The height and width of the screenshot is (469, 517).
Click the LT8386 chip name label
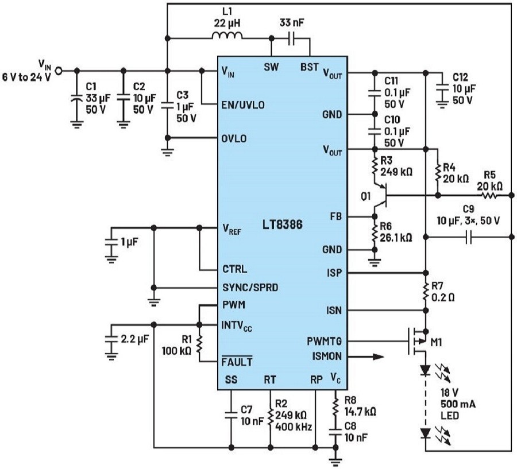pyautogui.click(x=283, y=225)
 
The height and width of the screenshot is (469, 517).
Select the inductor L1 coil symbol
pyautogui.click(x=227, y=36)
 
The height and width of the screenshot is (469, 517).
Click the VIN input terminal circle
pyautogui.click(x=59, y=71)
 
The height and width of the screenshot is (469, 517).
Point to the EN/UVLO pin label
pyautogui.click(x=243, y=105)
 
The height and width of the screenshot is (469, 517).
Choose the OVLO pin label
pyautogui.click(x=234, y=138)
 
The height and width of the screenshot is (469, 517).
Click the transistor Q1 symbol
pyautogui.click(x=380, y=196)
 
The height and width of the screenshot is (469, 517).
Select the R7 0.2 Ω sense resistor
pyautogui.click(x=426, y=292)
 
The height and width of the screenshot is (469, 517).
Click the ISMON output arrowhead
pyautogui.click(x=379, y=356)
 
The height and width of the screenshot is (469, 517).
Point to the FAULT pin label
pyautogui.click(x=237, y=362)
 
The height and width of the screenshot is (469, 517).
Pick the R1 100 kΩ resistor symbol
pyautogui.click(x=199, y=344)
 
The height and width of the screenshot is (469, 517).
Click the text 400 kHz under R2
pyautogui.click(x=294, y=427)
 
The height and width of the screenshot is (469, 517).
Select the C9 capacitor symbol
pyautogui.click(x=469, y=237)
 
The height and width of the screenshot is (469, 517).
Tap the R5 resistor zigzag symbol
pyautogui.click(x=489, y=196)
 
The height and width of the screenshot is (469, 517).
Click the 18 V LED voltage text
pyautogui.click(x=449, y=393)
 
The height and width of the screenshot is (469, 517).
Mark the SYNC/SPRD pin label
pyautogui.click(x=250, y=288)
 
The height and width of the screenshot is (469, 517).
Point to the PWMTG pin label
pyautogui.click(x=324, y=341)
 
